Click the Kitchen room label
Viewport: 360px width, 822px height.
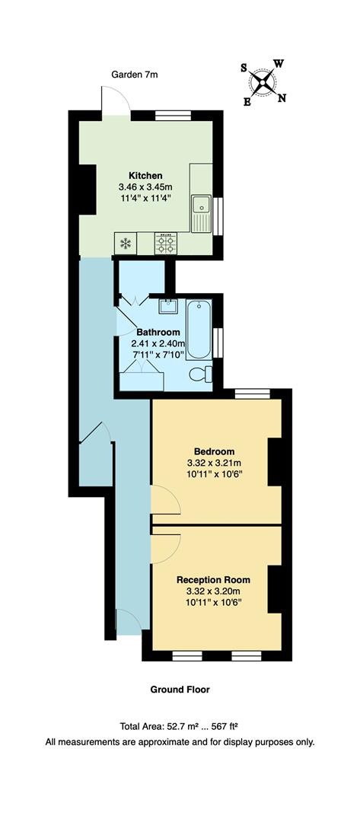point(145,176)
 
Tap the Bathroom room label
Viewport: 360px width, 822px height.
point(158,332)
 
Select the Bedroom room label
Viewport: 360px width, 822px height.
point(214,451)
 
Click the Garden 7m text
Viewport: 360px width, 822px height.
point(135,75)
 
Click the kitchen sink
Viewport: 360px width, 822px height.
point(201,205)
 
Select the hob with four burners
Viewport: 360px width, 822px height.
point(166,243)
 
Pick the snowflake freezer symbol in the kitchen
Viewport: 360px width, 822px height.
point(125,244)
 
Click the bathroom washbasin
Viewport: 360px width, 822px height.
point(167,307)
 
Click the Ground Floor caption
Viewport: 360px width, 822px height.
point(180,690)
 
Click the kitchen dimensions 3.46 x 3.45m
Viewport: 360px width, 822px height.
point(145,186)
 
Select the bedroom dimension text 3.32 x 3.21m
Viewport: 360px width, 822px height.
point(214,462)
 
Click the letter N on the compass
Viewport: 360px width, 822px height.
point(282,97)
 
